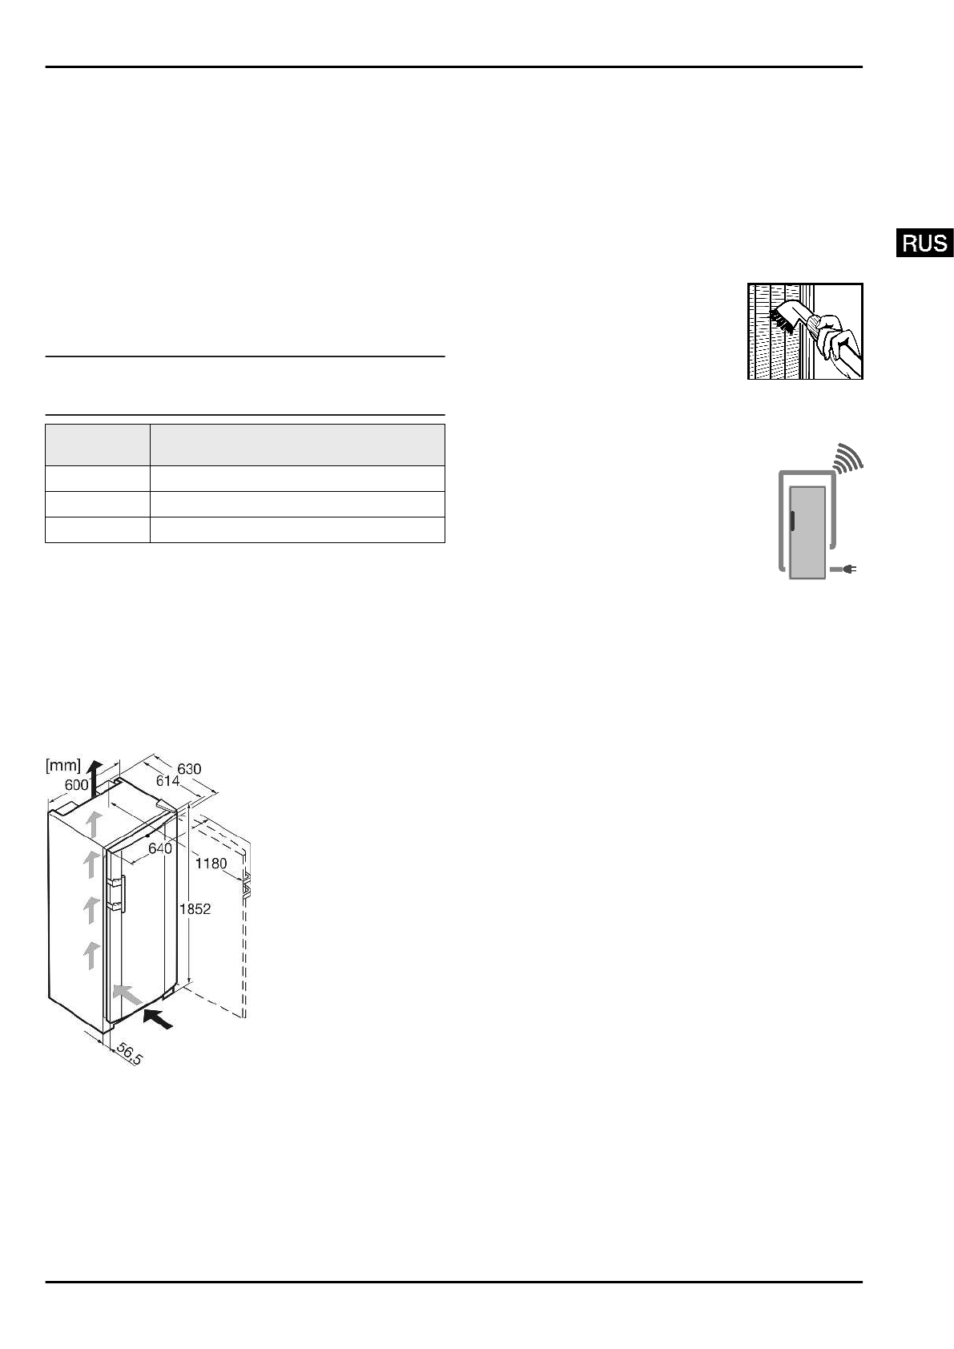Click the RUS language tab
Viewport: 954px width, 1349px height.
pos(924,243)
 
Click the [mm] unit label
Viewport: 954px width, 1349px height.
pos(63,766)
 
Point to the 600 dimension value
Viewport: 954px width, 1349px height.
pos(77,785)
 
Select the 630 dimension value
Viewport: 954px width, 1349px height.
pos(189,769)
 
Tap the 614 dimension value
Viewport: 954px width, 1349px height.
pos(167,780)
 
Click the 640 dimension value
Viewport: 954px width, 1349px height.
pos(160,848)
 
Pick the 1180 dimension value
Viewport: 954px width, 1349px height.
pos(211,864)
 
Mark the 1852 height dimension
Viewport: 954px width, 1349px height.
pos(195,909)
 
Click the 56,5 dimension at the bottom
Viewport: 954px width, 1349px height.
pos(129,1054)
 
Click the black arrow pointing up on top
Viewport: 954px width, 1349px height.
pos(95,775)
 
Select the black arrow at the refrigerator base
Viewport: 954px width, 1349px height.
pos(159,1021)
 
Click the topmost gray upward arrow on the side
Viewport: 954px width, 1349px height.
pos(94,823)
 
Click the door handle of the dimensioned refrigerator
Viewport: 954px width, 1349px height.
pos(118,894)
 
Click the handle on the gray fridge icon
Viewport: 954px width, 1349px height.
pos(791,521)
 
